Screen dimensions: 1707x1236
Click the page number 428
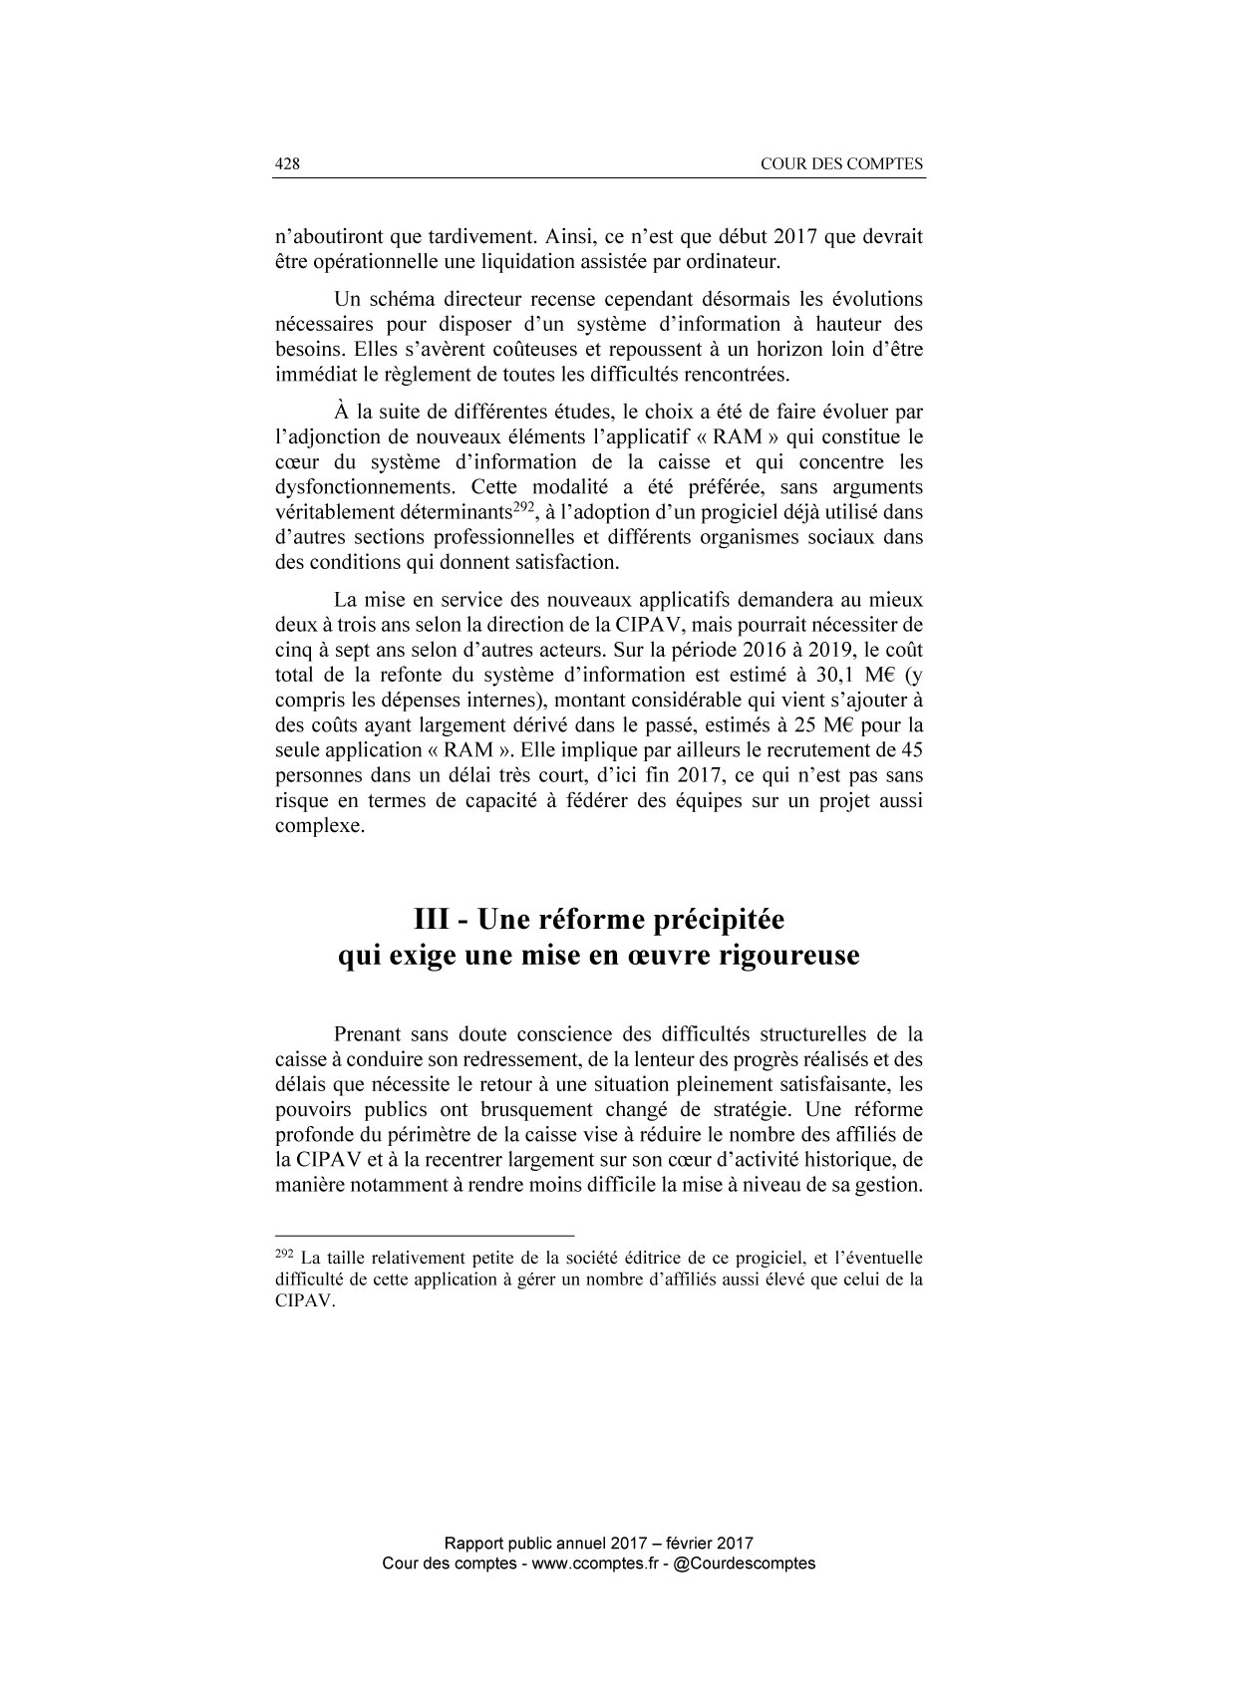[x=287, y=164]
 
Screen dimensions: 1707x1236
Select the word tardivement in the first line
[x=476, y=238]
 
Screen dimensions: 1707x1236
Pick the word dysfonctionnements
[x=365, y=487]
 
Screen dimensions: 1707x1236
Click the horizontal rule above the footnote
[x=425, y=1235]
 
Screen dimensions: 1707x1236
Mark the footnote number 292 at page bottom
[x=283, y=1254]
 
